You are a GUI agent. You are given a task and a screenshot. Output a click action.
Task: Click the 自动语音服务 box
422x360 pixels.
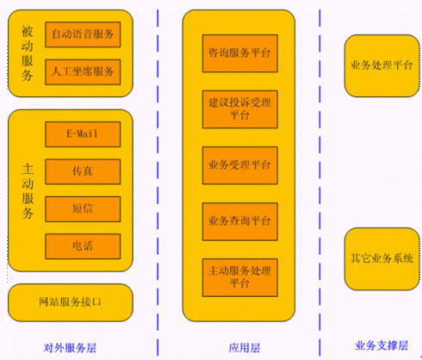coord(83,34)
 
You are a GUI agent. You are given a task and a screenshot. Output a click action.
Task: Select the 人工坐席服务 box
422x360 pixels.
coord(83,71)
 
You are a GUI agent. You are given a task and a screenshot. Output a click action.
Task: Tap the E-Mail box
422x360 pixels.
coord(83,134)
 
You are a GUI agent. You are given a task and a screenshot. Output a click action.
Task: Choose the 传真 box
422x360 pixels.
coord(83,171)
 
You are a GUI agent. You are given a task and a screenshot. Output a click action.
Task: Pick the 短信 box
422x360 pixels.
coord(83,209)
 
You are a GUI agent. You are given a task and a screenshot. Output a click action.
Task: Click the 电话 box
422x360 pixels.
coord(83,246)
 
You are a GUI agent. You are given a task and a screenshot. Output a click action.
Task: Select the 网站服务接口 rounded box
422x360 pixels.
coord(71,302)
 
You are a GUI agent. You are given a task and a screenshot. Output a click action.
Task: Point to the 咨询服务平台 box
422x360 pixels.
coord(240,53)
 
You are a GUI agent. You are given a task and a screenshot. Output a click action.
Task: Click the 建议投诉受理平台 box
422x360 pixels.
coord(240,109)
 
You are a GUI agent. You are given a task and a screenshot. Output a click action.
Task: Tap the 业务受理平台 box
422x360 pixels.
coord(240,165)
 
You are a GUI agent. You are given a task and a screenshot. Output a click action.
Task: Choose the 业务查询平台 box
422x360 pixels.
coord(240,221)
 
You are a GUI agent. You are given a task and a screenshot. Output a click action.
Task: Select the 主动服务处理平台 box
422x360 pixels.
coord(240,277)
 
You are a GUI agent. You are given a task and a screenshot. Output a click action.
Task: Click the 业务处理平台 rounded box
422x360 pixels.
coord(382,65)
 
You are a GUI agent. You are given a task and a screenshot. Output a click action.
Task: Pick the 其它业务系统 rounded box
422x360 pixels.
coord(382,258)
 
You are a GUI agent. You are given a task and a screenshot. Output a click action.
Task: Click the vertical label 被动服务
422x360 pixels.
coord(27,53)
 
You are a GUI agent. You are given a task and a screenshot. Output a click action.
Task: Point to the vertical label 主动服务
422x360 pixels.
coord(28,191)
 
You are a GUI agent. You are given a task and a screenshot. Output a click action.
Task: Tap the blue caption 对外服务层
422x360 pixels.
coord(70,348)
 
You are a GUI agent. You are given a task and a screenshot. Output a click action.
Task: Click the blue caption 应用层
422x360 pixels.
coord(245,348)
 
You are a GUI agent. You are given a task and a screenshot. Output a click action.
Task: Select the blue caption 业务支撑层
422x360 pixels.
coord(382,345)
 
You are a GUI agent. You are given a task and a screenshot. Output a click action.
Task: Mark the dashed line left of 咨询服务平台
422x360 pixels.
coord(158,183)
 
